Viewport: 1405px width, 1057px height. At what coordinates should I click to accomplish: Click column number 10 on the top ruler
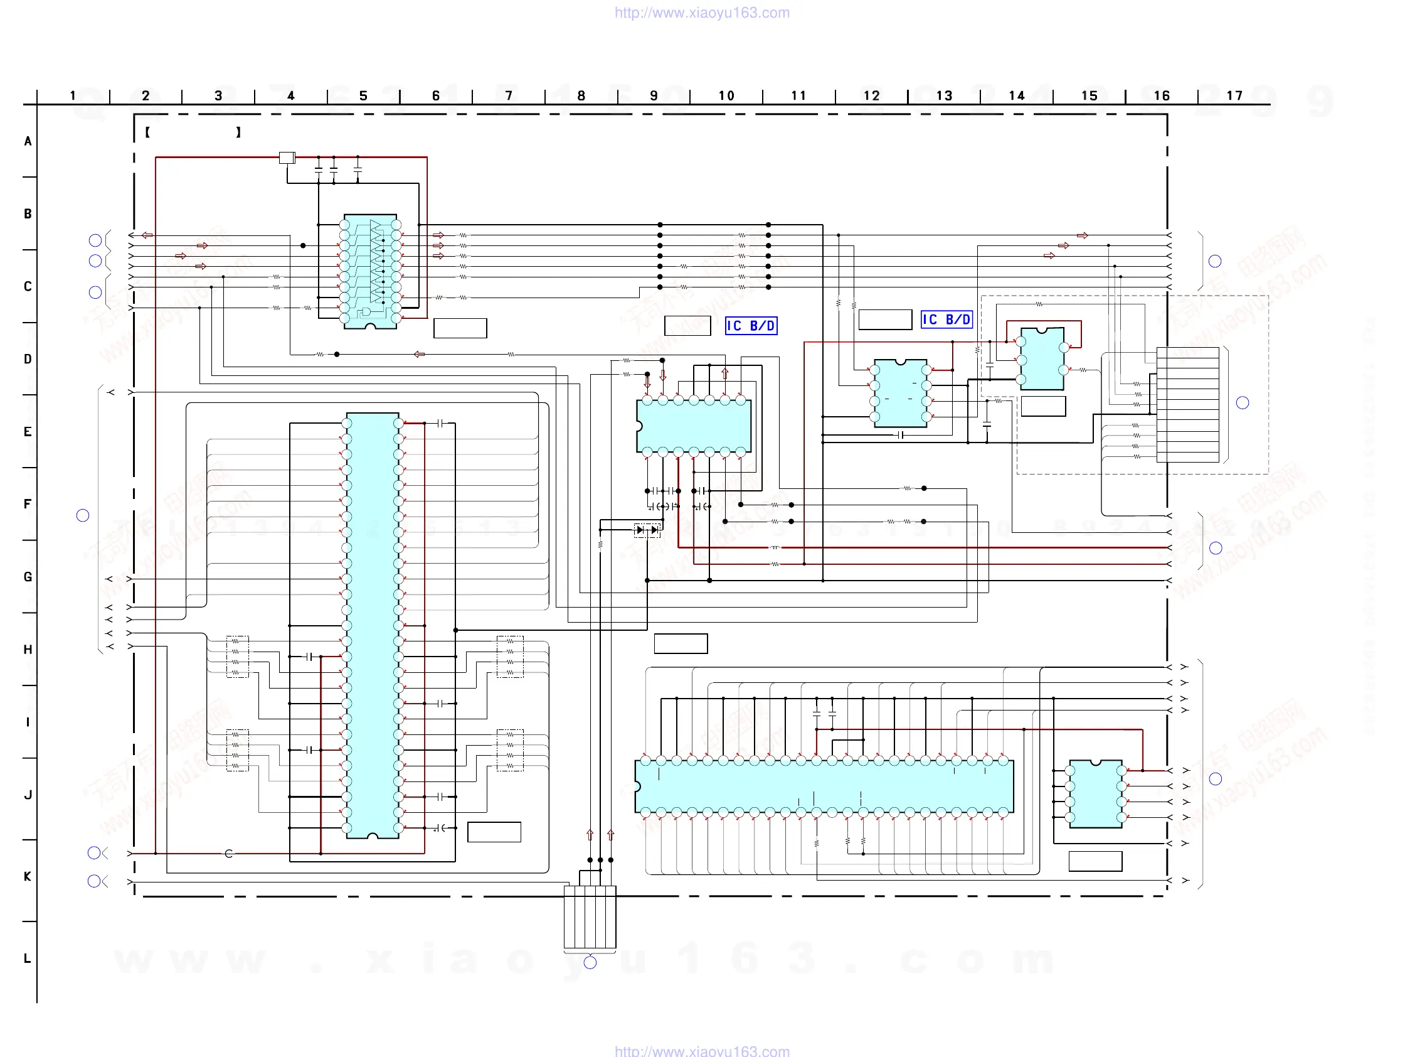pyautogui.click(x=726, y=96)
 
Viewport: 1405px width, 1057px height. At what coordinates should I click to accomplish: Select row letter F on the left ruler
pyautogui.click(x=28, y=504)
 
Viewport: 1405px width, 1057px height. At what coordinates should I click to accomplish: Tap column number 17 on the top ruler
pyautogui.click(x=1234, y=96)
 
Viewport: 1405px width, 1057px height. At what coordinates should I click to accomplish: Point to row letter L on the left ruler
pyautogui.click(x=28, y=958)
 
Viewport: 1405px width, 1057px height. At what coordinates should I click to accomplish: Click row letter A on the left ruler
pyautogui.click(x=28, y=141)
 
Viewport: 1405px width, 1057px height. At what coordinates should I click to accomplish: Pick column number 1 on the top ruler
pyautogui.click(x=73, y=96)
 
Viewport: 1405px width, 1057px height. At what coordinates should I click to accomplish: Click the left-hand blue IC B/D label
pyautogui.click(x=751, y=326)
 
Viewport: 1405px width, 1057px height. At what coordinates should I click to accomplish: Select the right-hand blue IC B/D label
pyautogui.click(x=946, y=319)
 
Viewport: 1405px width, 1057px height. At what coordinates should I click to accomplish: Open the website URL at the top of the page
pyautogui.click(x=702, y=13)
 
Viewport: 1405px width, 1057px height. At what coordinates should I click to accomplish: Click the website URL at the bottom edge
pyautogui.click(x=702, y=1051)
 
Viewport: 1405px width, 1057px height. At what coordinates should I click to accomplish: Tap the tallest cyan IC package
pyautogui.click(x=373, y=625)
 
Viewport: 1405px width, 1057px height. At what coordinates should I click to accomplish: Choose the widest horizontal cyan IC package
pyautogui.click(x=824, y=786)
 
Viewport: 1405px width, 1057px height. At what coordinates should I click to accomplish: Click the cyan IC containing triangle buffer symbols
pyautogui.click(x=370, y=271)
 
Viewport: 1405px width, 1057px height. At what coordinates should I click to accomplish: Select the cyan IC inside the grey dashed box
pyautogui.click(x=1042, y=359)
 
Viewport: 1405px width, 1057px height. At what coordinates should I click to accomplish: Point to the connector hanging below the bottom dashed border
pyautogui.click(x=590, y=916)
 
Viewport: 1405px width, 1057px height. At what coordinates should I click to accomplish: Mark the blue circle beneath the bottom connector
pyautogui.click(x=590, y=962)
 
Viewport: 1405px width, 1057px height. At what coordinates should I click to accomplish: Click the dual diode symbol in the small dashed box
pyautogui.click(x=647, y=530)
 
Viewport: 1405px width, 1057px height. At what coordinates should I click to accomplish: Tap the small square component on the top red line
pyautogui.click(x=287, y=158)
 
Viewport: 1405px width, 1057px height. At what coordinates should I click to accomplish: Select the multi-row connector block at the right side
pyautogui.click(x=1188, y=405)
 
